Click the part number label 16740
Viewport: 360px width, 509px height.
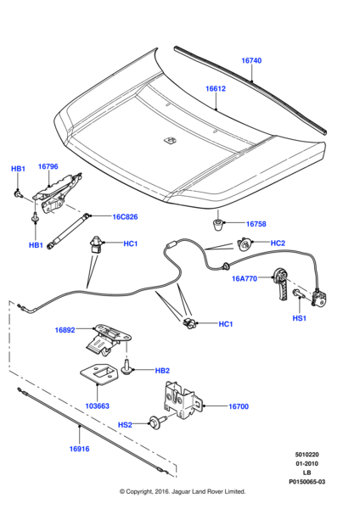point(251,60)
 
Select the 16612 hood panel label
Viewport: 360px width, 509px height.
point(216,88)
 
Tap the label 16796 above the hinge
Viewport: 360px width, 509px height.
point(48,166)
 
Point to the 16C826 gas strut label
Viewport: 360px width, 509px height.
point(125,217)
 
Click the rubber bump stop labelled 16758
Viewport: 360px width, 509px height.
point(218,225)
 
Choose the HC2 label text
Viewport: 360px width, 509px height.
point(278,243)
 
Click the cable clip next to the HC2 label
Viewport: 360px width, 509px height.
point(244,243)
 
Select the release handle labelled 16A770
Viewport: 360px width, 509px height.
point(282,283)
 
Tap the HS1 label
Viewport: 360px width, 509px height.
point(300,318)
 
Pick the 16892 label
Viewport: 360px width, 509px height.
point(65,330)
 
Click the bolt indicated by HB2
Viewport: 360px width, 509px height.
point(127,368)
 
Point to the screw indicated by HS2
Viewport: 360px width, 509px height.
point(157,422)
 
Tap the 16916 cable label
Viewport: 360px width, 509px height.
point(79,449)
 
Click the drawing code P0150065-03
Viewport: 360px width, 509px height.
point(307,482)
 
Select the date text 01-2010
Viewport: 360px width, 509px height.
point(307,463)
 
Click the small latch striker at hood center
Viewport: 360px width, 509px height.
point(170,140)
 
